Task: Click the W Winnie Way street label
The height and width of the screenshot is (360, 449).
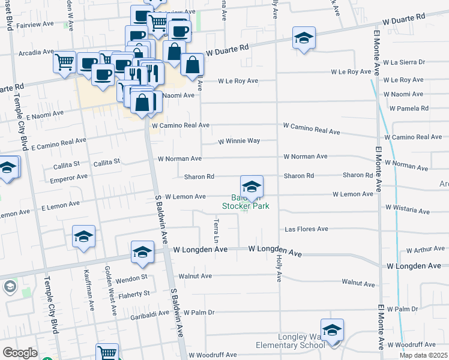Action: [238, 141]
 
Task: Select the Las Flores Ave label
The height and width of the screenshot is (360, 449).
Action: [306, 229]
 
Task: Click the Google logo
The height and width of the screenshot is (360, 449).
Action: [20, 353]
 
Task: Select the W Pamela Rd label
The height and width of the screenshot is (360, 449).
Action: [409, 109]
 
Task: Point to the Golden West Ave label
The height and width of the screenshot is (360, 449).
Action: [110, 290]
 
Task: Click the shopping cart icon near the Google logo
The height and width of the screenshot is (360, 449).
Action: [107, 353]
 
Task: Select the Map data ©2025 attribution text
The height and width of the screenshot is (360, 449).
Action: [424, 355]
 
